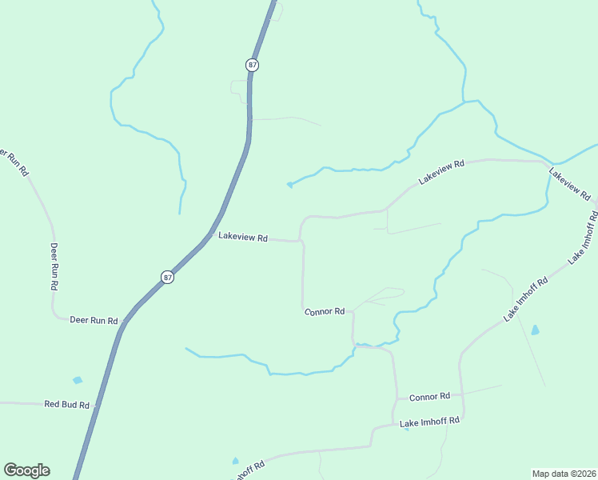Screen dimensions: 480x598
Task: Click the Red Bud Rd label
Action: tap(66, 405)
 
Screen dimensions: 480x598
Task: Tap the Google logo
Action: tap(26, 470)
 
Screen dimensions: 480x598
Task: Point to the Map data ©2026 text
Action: tap(564, 474)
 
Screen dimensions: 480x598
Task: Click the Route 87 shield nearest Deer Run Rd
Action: tap(167, 277)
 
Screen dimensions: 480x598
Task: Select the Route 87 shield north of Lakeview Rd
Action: tap(253, 64)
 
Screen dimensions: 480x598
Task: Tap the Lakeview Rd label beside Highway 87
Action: tap(242, 238)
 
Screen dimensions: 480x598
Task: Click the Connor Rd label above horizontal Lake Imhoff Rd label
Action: tap(430, 397)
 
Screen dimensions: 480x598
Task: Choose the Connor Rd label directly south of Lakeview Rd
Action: tap(325, 311)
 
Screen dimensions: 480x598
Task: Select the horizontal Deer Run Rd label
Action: tap(94, 320)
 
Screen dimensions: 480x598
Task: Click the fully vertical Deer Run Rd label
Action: tap(55, 266)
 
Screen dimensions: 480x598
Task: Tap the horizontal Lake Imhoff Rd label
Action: tap(430, 421)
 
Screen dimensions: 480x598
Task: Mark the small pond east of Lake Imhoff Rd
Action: tap(535, 329)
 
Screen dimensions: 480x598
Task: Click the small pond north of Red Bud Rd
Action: tap(77, 380)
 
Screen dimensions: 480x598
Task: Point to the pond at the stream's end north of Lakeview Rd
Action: tap(289, 186)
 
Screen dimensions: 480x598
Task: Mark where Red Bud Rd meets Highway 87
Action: tap(96, 406)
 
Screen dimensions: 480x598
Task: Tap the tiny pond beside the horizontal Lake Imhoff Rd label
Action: tap(406, 429)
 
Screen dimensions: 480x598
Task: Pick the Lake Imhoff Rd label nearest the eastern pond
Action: tap(525, 300)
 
